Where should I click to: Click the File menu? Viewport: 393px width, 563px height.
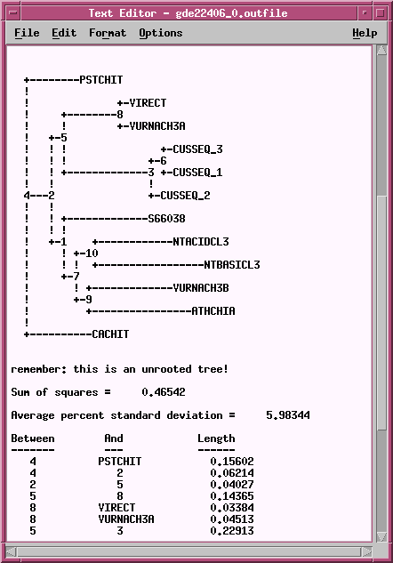(x=27, y=33)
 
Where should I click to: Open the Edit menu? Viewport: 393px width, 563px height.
(x=64, y=33)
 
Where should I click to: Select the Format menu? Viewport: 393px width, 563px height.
(x=108, y=33)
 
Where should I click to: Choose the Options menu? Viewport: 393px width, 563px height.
(x=161, y=34)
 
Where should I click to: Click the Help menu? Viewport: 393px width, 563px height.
(x=365, y=34)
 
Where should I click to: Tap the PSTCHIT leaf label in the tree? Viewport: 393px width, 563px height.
(x=101, y=80)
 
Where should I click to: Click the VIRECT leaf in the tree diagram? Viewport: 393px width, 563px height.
(x=148, y=103)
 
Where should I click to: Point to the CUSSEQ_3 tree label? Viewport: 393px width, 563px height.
(x=197, y=149)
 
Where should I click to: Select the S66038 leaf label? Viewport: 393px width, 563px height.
(x=167, y=218)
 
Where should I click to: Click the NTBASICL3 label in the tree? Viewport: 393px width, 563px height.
(x=232, y=265)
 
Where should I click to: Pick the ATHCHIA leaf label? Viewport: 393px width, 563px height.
(x=213, y=311)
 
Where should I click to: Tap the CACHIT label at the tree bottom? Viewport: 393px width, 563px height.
(x=110, y=334)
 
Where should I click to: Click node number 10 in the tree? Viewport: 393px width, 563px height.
(x=92, y=253)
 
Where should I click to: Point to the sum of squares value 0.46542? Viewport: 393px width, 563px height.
(x=164, y=392)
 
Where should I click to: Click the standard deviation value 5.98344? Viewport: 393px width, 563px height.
(x=288, y=415)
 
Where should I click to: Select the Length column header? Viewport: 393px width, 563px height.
(x=216, y=438)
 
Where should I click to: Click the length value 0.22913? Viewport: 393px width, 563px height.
(x=232, y=531)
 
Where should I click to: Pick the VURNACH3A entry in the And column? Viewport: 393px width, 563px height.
(x=126, y=519)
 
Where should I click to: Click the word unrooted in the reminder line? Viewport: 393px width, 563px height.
(x=166, y=369)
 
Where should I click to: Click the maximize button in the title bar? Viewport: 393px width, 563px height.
(x=381, y=13)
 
